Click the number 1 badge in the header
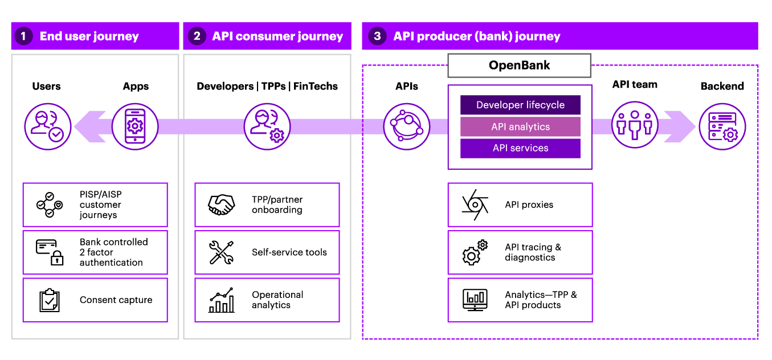click(23, 36)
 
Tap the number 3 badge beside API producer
click(377, 36)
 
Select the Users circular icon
click(48, 126)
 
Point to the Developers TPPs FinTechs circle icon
click(267, 126)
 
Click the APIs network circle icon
click(407, 126)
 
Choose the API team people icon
click(635, 125)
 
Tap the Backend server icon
click(722, 126)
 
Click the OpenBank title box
click(519, 66)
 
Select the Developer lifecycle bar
click(520, 105)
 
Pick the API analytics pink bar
click(520, 126)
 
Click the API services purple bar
click(520, 148)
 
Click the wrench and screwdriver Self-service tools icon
click(221, 252)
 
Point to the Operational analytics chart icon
click(221, 300)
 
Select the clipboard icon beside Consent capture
click(50, 300)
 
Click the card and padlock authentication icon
click(50, 252)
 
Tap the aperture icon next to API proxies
click(475, 205)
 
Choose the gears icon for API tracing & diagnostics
click(475, 252)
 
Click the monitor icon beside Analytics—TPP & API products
click(475, 300)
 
